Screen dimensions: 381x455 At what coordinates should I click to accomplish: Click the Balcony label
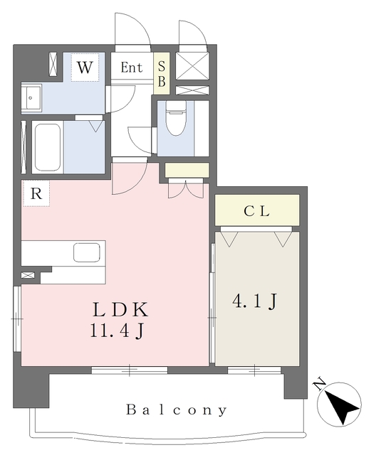tap(177, 409)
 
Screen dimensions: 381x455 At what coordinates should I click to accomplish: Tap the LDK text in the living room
tap(120, 310)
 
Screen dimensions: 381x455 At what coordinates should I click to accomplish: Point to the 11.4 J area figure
tap(117, 331)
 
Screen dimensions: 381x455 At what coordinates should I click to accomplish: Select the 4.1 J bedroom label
tap(254, 301)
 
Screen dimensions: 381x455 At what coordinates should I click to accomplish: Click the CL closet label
tap(256, 211)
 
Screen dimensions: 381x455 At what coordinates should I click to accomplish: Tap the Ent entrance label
tap(132, 68)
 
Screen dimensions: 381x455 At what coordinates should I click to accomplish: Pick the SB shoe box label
tap(162, 74)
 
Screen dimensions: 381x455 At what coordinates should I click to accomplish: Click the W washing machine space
tap(85, 68)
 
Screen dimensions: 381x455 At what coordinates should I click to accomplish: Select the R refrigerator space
tap(36, 193)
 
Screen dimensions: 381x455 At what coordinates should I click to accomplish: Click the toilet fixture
tap(176, 119)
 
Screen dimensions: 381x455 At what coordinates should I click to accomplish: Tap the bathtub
tap(48, 148)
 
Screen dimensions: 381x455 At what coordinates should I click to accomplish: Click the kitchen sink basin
tap(87, 252)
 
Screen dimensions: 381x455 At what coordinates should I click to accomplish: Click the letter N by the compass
tap(320, 384)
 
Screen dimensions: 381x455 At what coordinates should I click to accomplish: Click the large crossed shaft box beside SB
tap(192, 66)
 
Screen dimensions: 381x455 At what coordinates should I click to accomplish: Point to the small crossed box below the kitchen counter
tap(28, 275)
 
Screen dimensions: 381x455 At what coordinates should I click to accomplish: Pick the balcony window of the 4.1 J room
tap(254, 370)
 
